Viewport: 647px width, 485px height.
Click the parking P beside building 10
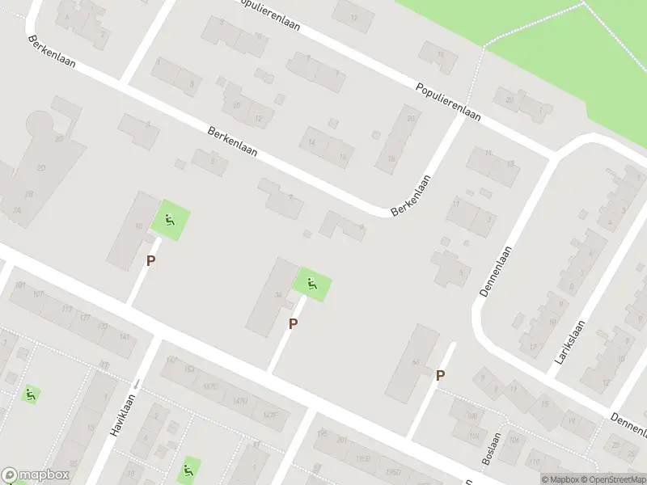pyautogui.click(x=150, y=260)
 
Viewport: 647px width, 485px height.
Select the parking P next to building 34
pyautogui.click(x=294, y=323)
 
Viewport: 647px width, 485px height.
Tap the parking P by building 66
pyautogui.click(x=441, y=375)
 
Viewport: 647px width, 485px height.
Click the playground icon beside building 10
pyautogui.click(x=171, y=218)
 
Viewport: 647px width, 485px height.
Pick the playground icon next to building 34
pyautogui.click(x=312, y=284)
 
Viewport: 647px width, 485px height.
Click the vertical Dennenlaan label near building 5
pyautogui.click(x=497, y=272)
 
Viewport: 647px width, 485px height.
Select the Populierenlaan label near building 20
pyautogui.click(x=448, y=101)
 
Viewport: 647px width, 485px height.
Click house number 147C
pyautogui.click(x=211, y=386)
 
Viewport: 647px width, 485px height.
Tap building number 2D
pyautogui.click(x=58, y=138)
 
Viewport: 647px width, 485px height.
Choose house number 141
pyautogui.click(x=124, y=336)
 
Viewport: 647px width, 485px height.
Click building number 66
pyautogui.click(x=416, y=361)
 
